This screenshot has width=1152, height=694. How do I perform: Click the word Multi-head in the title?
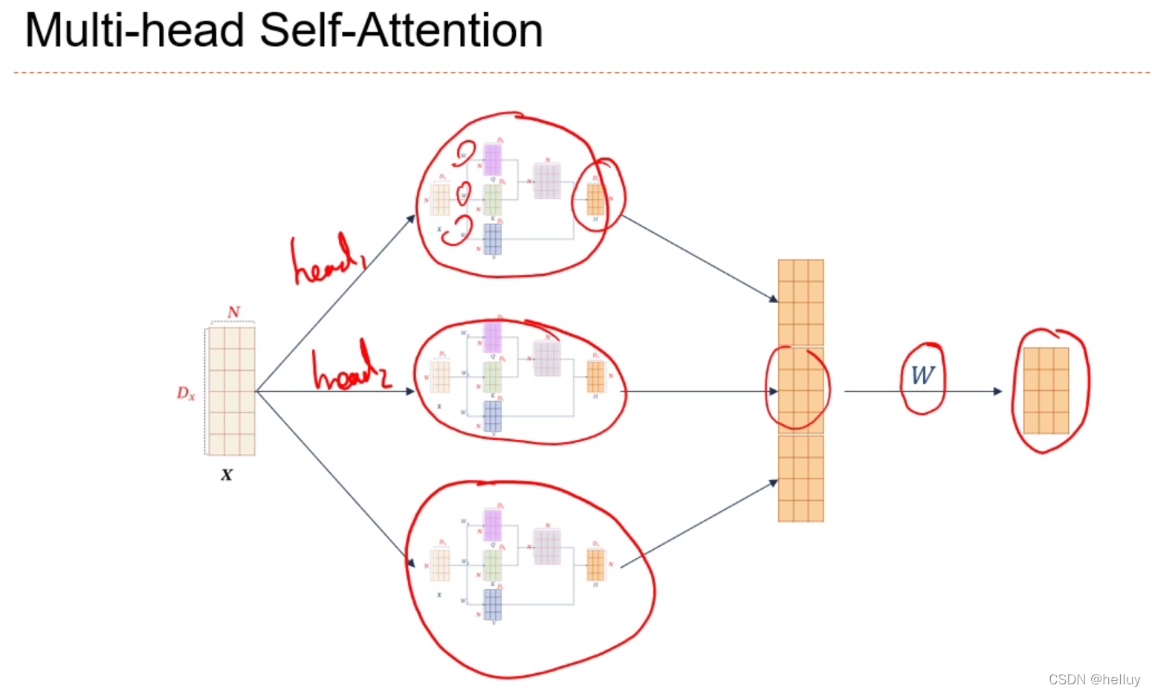pyautogui.click(x=135, y=31)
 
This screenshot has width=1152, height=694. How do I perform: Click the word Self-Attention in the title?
pyautogui.click(x=401, y=31)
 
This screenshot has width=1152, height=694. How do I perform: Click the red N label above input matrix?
pyautogui.click(x=233, y=312)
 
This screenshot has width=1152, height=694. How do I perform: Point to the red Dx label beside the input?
pyautogui.click(x=186, y=393)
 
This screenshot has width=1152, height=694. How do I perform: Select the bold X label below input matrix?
pyautogui.click(x=227, y=475)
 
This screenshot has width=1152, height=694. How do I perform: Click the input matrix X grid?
pyautogui.click(x=232, y=391)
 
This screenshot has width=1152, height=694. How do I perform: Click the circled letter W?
pyautogui.click(x=922, y=375)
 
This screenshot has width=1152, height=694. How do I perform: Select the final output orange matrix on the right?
pyautogui.click(x=1046, y=391)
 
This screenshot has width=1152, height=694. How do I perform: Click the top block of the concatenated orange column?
pyautogui.click(x=800, y=302)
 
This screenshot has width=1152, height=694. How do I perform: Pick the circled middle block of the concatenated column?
pyautogui.click(x=800, y=390)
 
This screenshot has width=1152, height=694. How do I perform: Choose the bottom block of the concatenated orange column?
pyautogui.click(x=800, y=479)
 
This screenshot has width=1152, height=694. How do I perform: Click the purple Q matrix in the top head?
pyautogui.click(x=493, y=160)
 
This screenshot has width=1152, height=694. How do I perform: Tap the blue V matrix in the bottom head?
pyautogui.click(x=492, y=604)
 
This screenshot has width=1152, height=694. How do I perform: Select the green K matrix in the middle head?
pyautogui.click(x=492, y=377)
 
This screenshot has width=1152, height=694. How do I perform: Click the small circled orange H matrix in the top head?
pyautogui.click(x=595, y=199)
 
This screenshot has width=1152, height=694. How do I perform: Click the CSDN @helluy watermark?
pyautogui.click(x=1094, y=679)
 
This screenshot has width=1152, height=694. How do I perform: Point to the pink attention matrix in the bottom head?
pyautogui.click(x=547, y=547)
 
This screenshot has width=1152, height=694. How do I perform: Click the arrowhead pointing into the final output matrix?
pyautogui.click(x=998, y=392)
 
